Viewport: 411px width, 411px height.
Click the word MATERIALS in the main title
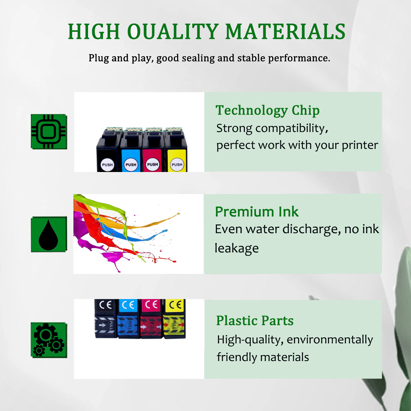pyautogui.click(x=285, y=32)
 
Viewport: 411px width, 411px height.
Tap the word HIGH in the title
pyautogui.click(x=94, y=32)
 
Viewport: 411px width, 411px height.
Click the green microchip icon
pyautogui.click(x=49, y=132)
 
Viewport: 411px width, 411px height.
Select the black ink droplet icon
pyautogui.click(x=49, y=234)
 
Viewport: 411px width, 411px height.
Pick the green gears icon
pyautogui.click(x=49, y=340)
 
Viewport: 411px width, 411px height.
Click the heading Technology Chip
pyautogui.click(x=267, y=111)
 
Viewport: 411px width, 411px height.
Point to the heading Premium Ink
pyautogui.click(x=257, y=212)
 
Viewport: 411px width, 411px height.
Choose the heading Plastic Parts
pyautogui.click(x=255, y=321)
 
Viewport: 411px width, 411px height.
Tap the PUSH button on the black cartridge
pyautogui.click(x=107, y=165)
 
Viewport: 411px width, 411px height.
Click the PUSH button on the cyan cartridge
pyautogui.click(x=131, y=165)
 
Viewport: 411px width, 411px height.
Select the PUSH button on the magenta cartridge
pyautogui.click(x=152, y=164)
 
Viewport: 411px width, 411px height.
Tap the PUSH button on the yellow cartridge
pyautogui.click(x=177, y=165)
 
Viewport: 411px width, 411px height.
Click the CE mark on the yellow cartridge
pyautogui.click(x=175, y=305)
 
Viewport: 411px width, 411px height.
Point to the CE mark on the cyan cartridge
pyautogui.click(x=128, y=305)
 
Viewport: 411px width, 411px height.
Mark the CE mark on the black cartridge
pyautogui.click(x=105, y=305)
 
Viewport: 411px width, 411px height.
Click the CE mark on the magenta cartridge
pyautogui.click(x=151, y=304)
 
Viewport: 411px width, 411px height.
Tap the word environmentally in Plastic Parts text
pyautogui.click(x=330, y=340)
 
